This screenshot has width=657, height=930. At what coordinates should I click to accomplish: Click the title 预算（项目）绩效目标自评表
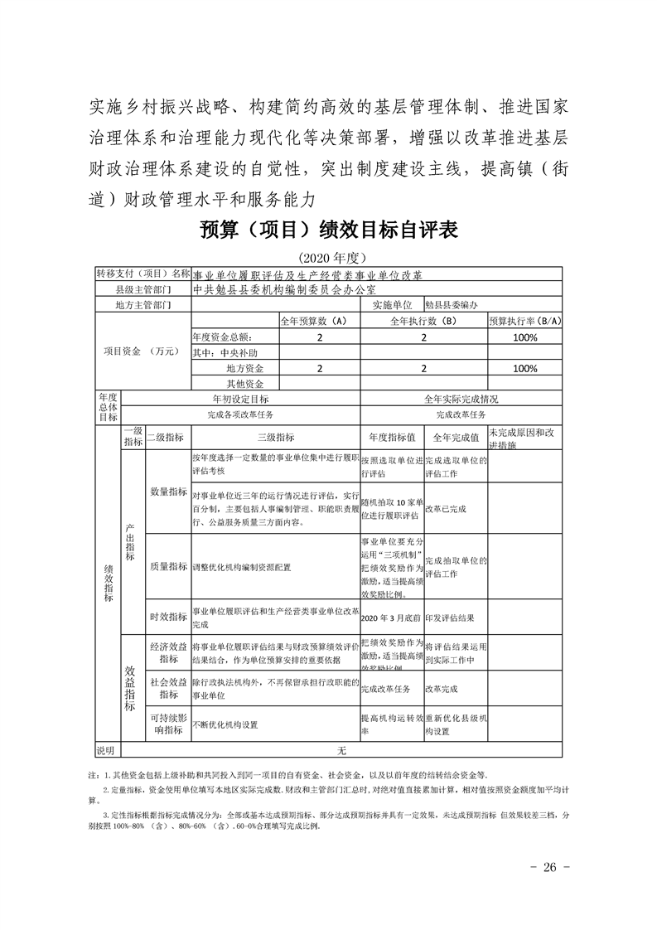329,230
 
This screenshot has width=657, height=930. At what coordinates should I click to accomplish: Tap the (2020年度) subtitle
329,257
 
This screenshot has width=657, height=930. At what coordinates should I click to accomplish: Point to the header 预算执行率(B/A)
525,321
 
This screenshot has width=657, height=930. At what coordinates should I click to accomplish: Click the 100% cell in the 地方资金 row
525,368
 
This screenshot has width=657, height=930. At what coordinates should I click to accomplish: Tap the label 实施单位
392,305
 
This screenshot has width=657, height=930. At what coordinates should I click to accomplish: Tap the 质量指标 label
168,567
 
